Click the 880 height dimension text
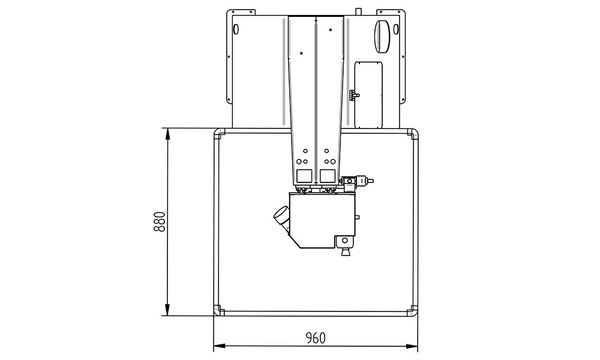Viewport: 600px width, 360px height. [x=159, y=221]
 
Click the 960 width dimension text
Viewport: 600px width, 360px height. [x=316, y=338]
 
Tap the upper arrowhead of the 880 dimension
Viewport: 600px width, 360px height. [x=167, y=133]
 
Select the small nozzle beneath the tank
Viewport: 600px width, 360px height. [x=345, y=252]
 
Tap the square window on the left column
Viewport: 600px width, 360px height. [x=304, y=176]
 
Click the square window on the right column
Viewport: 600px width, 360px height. [x=328, y=176]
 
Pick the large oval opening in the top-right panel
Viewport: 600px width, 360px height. [x=382, y=37]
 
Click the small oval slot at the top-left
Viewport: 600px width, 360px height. [x=236, y=29]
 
